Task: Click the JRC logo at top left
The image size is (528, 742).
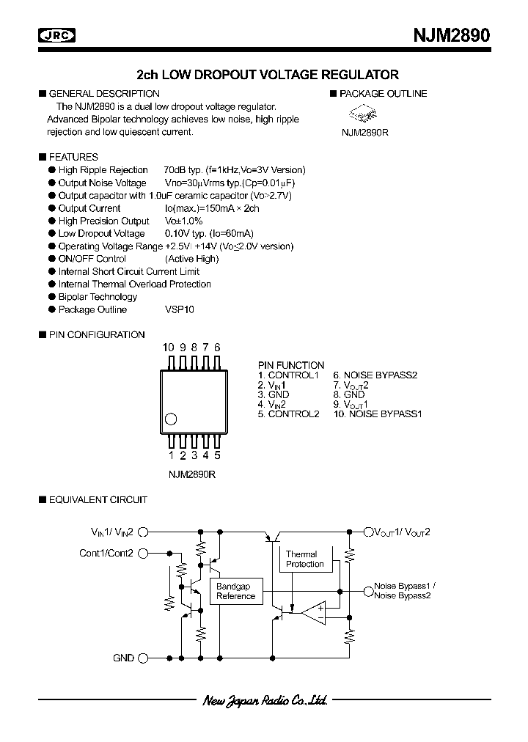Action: point(59,36)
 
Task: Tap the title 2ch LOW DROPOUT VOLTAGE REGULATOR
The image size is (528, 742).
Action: point(268,75)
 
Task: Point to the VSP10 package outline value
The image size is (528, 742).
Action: point(180,309)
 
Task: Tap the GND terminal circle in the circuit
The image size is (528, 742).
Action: point(144,658)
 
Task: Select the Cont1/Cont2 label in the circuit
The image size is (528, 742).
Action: point(106,553)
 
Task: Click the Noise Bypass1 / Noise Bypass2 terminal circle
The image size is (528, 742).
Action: point(367,590)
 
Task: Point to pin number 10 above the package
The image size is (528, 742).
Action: point(169,348)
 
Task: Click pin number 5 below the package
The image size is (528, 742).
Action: point(218,455)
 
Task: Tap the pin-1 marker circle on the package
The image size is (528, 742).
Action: point(172,419)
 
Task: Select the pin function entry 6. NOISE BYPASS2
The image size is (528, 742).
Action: point(375,375)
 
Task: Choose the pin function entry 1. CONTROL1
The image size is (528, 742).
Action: point(288,375)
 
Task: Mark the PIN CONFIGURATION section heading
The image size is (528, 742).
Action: point(96,334)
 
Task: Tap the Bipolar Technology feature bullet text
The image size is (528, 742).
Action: point(98,297)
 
